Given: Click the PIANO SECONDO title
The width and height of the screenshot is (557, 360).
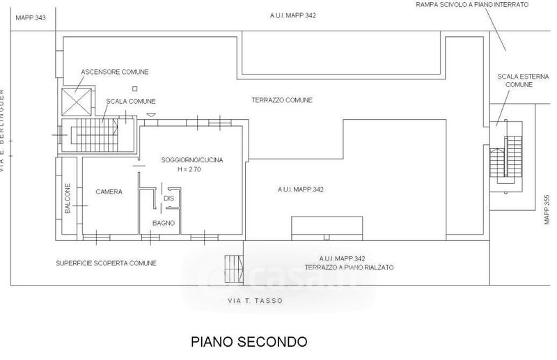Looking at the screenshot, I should tap(248, 342).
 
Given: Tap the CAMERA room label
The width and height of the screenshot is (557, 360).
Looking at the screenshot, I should tap(109, 191).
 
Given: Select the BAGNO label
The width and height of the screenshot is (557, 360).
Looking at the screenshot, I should tap(164, 223).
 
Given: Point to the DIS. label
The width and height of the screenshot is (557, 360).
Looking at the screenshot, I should tap(168, 198).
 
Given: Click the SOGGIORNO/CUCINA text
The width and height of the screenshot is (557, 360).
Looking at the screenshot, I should tap(191, 160).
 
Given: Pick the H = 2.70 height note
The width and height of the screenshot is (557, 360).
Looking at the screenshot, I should tap(189, 169).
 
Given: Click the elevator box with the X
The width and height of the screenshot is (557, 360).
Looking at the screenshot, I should tap(75, 102).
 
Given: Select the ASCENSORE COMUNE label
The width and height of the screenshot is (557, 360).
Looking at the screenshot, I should tap(115, 72).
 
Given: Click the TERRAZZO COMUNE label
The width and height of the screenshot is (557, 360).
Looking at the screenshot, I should tap(282, 100).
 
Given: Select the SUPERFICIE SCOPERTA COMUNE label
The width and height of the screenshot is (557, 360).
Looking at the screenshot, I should tap(106, 263).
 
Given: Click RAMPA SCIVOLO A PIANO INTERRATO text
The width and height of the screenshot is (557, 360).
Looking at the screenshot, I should tap(472, 5).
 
